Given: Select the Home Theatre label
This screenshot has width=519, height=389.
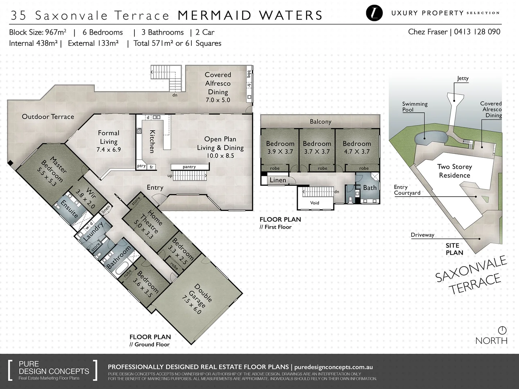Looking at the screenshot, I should point(152,221).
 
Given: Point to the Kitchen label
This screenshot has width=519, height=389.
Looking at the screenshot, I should point(152,141).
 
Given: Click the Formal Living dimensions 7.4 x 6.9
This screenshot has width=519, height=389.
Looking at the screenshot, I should point(108,149).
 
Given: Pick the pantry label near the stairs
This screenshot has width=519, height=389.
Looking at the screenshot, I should point(189,167).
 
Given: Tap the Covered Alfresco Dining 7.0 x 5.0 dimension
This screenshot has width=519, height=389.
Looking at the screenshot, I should point(218,100).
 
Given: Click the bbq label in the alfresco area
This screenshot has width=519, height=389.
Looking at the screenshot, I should point(249,74).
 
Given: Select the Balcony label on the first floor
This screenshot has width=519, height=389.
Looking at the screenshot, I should point(320,122).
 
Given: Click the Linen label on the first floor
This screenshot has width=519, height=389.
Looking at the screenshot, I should point(278,180).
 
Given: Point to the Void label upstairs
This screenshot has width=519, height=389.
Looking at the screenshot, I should point(315,203).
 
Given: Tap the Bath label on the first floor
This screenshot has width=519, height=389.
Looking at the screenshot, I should point(370,188).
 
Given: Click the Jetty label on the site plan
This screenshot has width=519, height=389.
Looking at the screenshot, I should point(463,78).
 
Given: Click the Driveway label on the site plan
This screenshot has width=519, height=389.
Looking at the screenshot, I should point(422,235).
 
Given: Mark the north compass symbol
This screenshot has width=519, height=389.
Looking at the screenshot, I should point(502,330).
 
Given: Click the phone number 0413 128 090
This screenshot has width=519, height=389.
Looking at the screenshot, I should point(477,32).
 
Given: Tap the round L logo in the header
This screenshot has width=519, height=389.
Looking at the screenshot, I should point(374,13).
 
